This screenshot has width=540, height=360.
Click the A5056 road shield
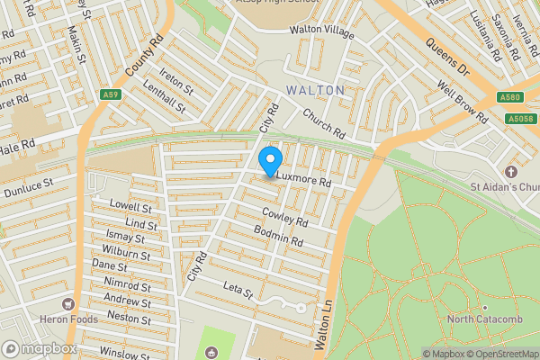coord(519,118)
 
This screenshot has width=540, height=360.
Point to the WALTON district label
coord(315,91)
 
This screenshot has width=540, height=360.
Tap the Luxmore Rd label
coord(304,181)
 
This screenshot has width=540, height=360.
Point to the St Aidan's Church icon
coord(510,171)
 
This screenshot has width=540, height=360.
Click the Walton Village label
coord(321,30)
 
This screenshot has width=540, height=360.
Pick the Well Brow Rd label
coord(463,103)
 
